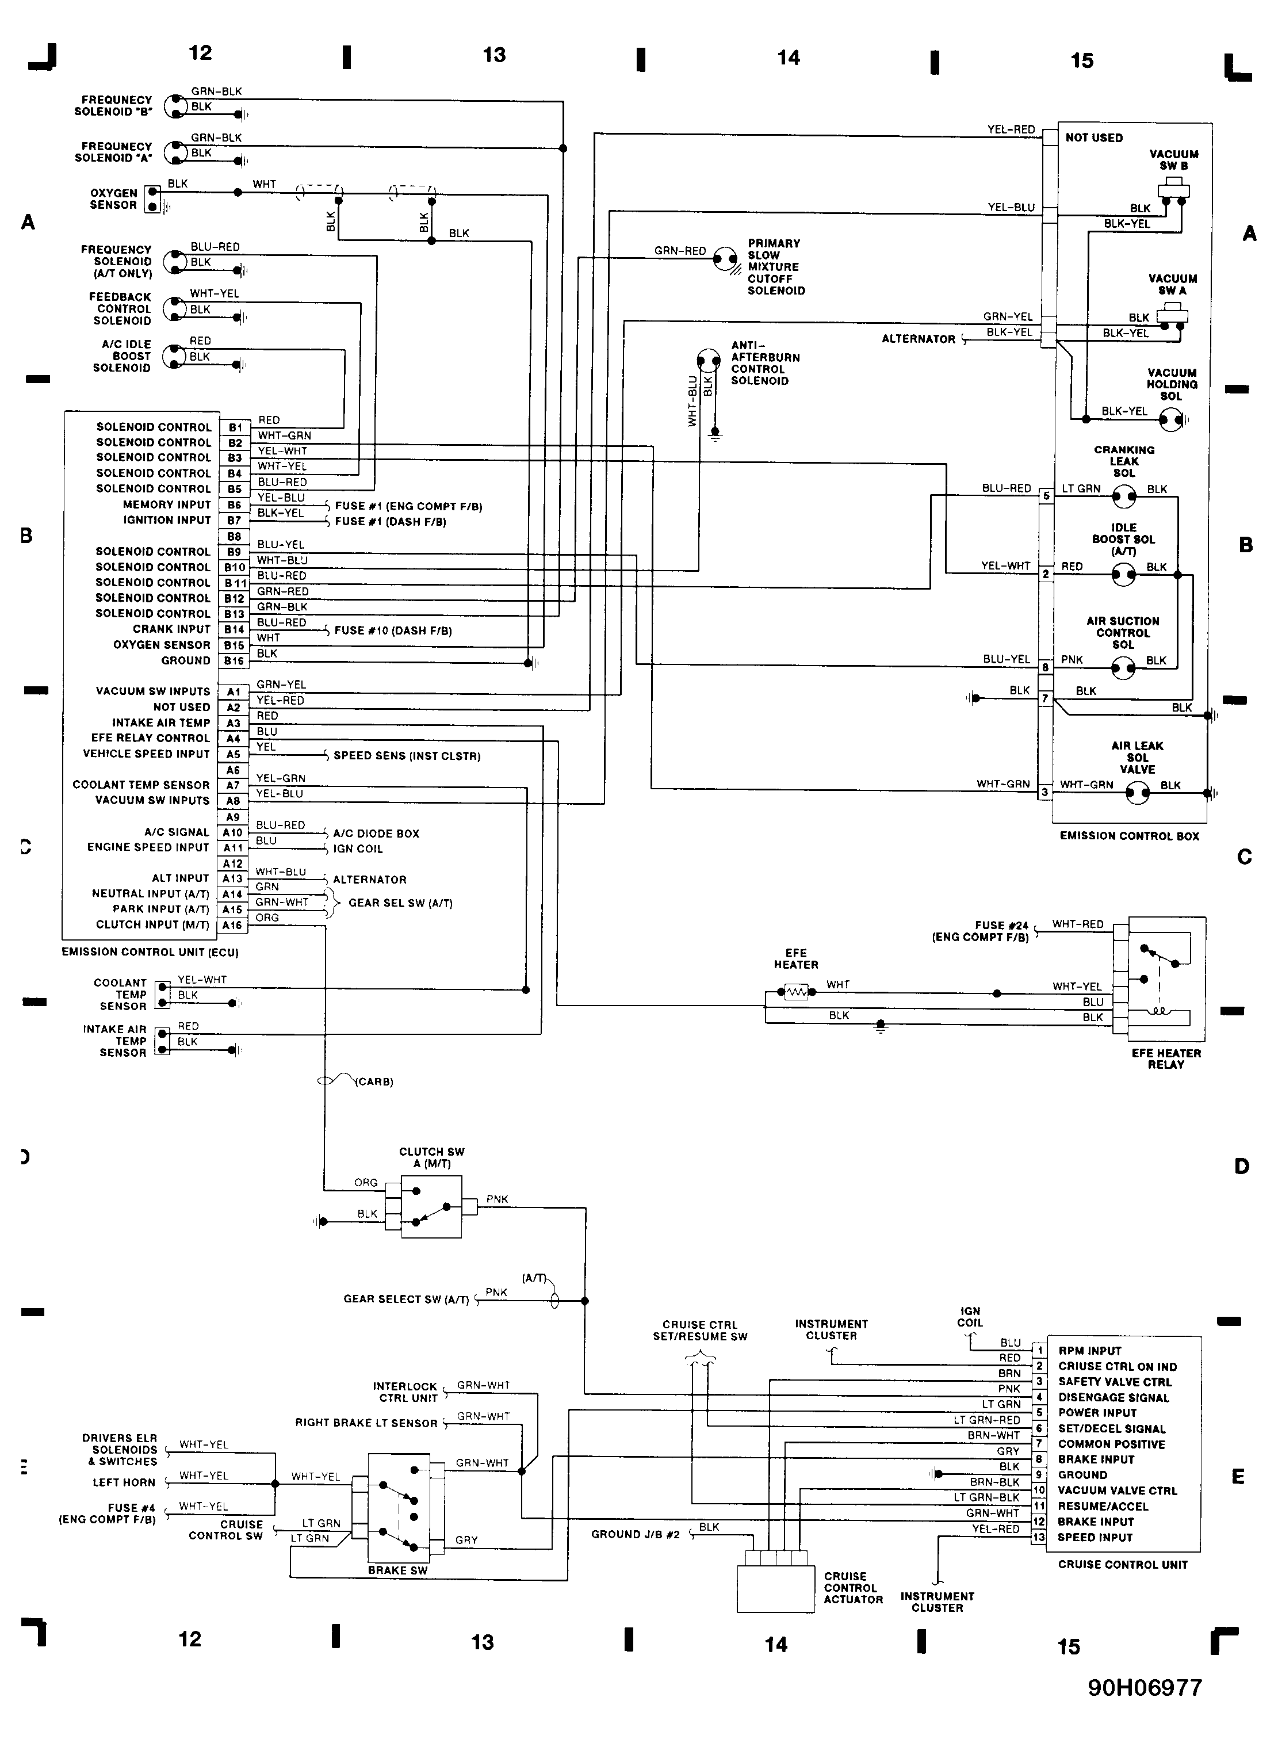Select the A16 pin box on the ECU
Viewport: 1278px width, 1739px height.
(233, 925)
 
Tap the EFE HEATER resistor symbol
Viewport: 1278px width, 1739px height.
(797, 992)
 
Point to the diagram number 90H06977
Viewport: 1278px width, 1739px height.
(1145, 1687)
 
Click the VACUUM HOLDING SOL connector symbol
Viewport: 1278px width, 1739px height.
(1172, 420)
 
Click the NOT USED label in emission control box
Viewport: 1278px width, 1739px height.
(1094, 137)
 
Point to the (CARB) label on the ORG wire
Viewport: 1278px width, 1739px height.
(374, 1081)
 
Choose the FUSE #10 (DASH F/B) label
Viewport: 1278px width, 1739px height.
(393, 630)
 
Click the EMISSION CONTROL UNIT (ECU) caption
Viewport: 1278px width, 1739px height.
(150, 952)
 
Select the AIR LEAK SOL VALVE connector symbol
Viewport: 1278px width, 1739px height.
(1137, 793)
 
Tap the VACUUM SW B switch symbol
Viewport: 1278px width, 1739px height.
(1173, 191)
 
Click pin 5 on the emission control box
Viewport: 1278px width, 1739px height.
(1046, 496)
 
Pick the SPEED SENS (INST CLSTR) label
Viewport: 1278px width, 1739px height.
(407, 756)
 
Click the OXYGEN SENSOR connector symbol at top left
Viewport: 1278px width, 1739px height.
(153, 199)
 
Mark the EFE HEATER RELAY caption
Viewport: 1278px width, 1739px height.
(1166, 1059)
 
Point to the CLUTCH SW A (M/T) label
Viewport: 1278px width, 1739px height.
(432, 1157)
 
